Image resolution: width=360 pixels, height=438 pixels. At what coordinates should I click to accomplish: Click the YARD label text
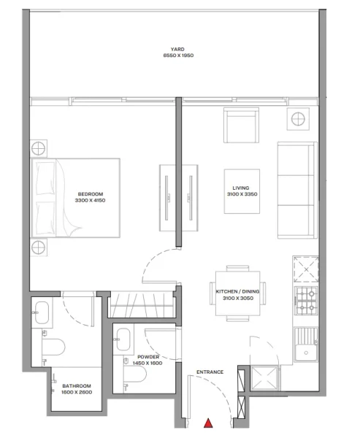[x=177, y=49]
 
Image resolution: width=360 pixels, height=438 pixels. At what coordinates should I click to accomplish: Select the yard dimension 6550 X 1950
[x=177, y=55]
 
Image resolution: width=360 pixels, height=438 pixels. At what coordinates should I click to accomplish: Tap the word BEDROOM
[x=87, y=193]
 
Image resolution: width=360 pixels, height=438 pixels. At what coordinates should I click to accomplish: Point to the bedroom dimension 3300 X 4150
[x=87, y=200]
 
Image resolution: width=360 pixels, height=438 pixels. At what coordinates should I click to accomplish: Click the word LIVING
[x=241, y=188]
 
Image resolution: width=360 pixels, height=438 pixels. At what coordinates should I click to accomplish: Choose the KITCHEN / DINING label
[x=238, y=291]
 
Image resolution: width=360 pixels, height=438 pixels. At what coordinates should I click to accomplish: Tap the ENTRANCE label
[x=210, y=372]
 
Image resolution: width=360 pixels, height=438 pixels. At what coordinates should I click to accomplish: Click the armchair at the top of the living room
[x=241, y=126]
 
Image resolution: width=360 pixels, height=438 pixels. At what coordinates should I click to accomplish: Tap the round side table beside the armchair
[x=299, y=120]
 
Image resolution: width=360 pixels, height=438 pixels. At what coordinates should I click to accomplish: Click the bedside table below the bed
[x=39, y=248]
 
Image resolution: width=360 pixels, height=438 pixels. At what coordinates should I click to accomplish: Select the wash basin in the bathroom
[x=41, y=312]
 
